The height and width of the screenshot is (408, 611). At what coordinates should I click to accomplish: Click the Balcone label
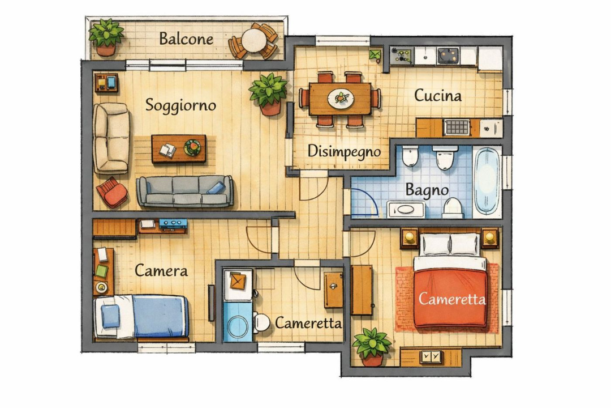pyautogui.click(x=186, y=39)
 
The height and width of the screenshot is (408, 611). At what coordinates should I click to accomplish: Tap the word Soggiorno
pyautogui.click(x=180, y=105)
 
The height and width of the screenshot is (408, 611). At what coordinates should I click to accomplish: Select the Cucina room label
pyautogui.click(x=437, y=95)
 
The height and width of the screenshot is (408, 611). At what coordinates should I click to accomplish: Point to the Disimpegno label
pyautogui.click(x=344, y=151)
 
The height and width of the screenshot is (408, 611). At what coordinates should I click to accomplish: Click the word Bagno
pyautogui.click(x=427, y=190)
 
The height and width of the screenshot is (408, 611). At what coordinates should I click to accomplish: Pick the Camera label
pyautogui.click(x=161, y=270)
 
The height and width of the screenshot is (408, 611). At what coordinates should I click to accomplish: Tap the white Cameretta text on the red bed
pyautogui.click(x=451, y=299)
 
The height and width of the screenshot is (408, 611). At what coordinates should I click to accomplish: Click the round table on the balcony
pyautogui.click(x=253, y=41)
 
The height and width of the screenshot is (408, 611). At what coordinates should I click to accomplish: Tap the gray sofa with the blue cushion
pyautogui.click(x=185, y=190)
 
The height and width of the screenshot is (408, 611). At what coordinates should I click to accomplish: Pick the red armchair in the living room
pyautogui.click(x=111, y=192)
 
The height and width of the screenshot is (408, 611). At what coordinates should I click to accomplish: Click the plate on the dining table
pyautogui.click(x=340, y=98)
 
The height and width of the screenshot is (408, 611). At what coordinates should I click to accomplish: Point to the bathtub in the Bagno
pyautogui.click(x=487, y=180)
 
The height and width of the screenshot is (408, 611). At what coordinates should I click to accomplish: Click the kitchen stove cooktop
pyautogui.click(x=448, y=55)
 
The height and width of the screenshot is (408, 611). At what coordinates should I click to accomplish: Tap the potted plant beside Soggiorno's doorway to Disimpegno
pyautogui.click(x=269, y=93)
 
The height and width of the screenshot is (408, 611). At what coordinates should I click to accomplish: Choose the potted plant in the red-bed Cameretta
pyautogui.click(x=372, y=346)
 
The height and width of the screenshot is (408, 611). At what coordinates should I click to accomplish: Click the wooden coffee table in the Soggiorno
pyautogui.click(x=179, y=148)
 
